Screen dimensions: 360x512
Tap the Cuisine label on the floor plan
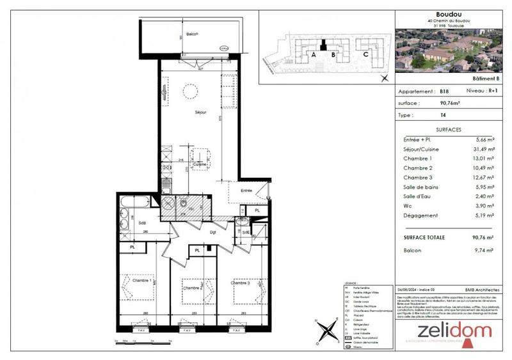pyautogui.click(x=199, y=165)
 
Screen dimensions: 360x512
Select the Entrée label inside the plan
pyautogui.click(x=246, y=191)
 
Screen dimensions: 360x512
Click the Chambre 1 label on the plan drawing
pyautogui.click(x=141, y=280)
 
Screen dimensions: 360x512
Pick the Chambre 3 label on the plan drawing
pyautogui.click(x=241, y=283)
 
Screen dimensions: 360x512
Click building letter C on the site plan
pyautogui.click(x=365, y=54)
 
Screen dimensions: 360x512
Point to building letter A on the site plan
pyautogui.click(x=314, y=55)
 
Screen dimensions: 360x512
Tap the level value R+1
pyautogui.click(x=490, y=92)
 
